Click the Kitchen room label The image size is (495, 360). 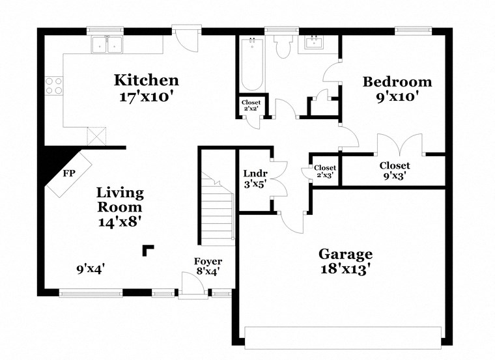point(147,81)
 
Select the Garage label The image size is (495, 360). point(345,254)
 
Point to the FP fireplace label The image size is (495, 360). point(68,174)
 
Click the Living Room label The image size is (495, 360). point(120,200)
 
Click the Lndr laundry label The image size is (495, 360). point(253,174)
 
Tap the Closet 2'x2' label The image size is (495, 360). point(251,103)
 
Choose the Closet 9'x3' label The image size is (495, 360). point(395,165)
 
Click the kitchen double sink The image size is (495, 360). point(108,44)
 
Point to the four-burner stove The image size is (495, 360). point(53,86)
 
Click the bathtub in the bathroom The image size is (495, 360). point(251,65)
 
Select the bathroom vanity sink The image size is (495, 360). point(315,44)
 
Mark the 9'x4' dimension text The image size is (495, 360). point(91,268)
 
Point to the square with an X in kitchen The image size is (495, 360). point(96,135)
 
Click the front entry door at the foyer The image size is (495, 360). point(191,286)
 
